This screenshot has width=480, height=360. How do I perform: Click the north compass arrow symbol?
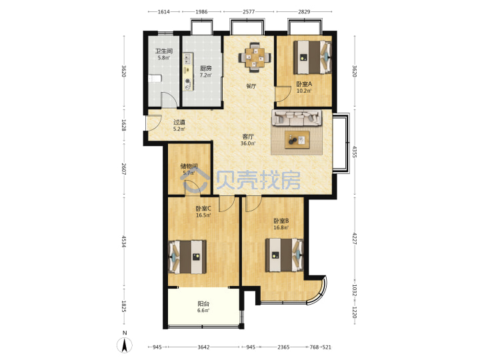(125, 346)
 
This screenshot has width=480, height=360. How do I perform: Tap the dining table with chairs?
(255, 57)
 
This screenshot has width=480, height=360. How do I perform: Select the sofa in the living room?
(297, 118)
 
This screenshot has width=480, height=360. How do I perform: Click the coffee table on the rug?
(297, 140)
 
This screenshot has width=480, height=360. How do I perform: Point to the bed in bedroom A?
(312, 57)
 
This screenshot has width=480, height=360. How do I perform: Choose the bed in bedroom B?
(285, 255)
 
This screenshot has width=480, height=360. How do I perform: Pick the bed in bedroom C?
(187, 257)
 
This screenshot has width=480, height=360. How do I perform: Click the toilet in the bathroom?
(155, 79)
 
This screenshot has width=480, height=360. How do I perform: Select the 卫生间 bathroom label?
(164, 51)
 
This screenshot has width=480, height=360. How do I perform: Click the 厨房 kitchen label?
(206, 68)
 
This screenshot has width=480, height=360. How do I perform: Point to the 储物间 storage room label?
(189, 166)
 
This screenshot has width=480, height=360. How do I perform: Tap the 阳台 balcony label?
(203, 304)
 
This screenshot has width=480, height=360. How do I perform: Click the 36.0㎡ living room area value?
(248, 143)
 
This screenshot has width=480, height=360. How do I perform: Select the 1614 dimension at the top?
(164, 11)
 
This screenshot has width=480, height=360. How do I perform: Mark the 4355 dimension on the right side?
(355, 152)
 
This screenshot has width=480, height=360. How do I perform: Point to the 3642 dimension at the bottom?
(203, 347)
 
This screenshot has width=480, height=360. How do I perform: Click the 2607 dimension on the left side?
(124, 169)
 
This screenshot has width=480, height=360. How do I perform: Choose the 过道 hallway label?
(179, 122)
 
